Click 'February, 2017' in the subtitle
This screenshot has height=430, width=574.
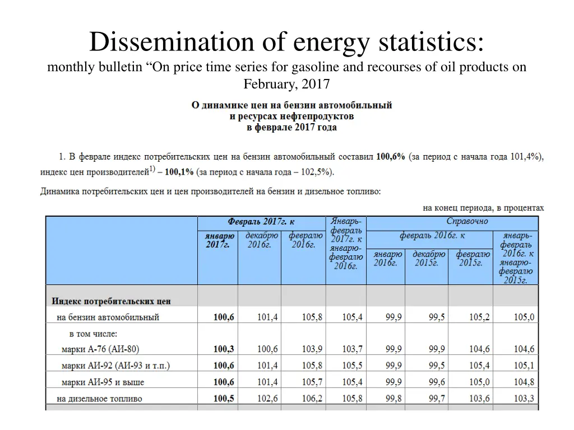click(286, 84)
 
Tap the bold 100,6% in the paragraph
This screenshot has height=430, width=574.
click(390, 157)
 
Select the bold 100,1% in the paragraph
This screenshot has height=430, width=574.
click(179, 171)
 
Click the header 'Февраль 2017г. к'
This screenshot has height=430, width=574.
click(261, 222)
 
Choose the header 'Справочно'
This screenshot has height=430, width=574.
click(467, 221)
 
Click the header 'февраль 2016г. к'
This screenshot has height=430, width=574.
click(432, 235)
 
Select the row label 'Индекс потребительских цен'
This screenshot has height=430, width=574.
click(111, 301)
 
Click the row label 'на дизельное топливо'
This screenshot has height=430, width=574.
click(99, 399)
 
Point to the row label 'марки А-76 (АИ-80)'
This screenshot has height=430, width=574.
click(100, 349)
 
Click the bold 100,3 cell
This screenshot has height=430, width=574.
click(224, 349)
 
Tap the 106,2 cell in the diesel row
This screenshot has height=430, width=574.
click(312, 399)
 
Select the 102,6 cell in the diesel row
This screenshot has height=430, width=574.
click(267, 399)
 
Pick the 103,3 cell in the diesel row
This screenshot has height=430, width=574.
click(524, 399)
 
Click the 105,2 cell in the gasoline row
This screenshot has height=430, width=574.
click(479, 317)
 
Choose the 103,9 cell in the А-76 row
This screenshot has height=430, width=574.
click(312, 349)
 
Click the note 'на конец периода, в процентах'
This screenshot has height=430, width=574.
click(483, 208)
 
